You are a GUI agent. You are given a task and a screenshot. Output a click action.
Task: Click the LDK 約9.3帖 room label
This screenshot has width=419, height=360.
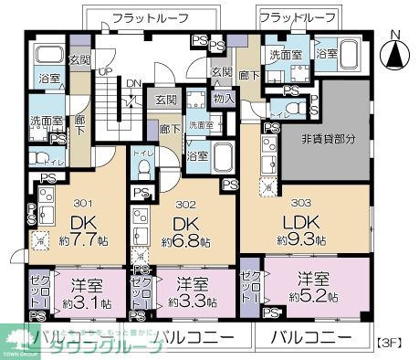tap(297, 231)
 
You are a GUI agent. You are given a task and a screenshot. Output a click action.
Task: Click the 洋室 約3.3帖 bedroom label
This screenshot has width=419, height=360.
tap(192, 291)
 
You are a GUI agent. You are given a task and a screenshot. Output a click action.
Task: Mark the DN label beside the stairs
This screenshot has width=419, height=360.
tap(133, 81)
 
